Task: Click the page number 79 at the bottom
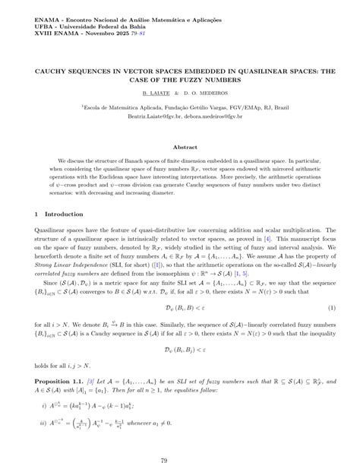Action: tap(180, 440)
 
